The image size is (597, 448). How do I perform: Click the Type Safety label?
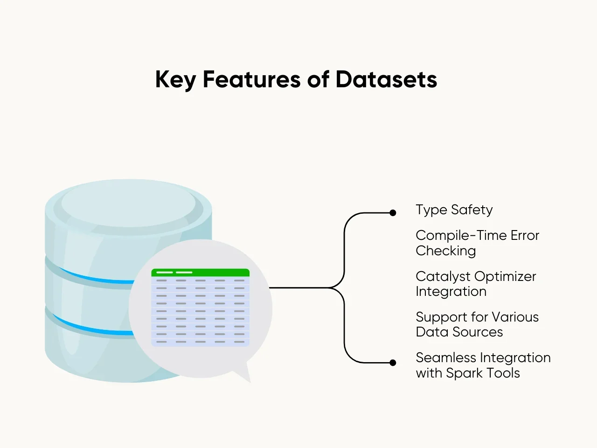click(454, 210)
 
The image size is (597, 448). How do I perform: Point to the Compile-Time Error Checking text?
click(477, 243)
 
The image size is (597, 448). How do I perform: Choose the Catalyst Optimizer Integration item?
click(475, 284)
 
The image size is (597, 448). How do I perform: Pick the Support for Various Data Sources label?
click(477, 324)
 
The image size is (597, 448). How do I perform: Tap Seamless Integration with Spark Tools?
click(483, 365)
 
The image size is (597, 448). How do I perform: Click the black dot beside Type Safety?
click(393, 213)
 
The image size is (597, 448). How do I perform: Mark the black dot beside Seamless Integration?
click(393, 363)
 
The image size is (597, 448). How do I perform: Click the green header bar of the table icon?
click(201, 273)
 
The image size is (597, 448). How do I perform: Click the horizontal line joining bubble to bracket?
click(298, 288)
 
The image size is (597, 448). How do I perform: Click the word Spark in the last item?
click(465, 373)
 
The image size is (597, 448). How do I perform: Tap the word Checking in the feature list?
click(445, 251)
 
